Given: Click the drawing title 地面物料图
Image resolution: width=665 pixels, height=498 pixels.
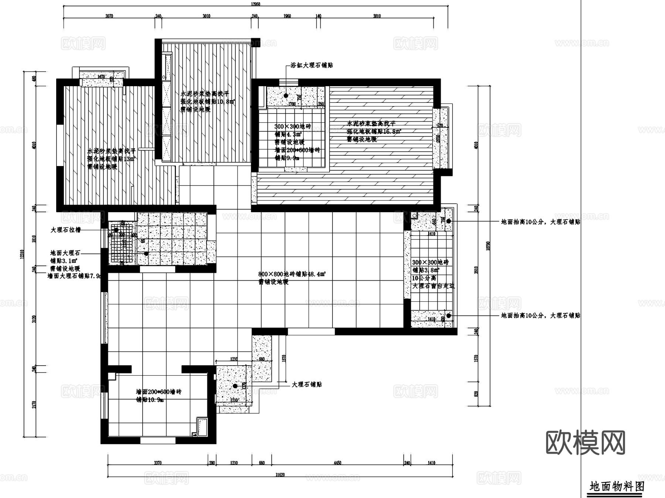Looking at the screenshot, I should pos(617,486).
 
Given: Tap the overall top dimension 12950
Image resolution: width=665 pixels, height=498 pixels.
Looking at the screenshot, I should pos(255,4).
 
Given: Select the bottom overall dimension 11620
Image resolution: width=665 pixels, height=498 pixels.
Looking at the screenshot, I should pos(280,475).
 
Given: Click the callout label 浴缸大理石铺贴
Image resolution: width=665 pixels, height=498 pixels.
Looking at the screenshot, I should pos(311,65).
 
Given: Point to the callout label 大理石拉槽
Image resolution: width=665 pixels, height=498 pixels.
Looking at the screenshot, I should pos(65,230).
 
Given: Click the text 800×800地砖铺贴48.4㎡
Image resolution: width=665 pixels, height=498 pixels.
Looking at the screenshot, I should pos(292,274).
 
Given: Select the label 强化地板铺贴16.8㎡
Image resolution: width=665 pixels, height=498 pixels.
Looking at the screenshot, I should pos(374,131).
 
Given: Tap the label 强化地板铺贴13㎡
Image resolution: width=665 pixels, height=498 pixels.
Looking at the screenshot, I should pos(111,159).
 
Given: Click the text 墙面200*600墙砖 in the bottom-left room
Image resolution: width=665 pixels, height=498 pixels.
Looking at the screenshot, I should pos(158,392).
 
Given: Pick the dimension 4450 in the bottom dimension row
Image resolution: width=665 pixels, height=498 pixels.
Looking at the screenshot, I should pos(337,463).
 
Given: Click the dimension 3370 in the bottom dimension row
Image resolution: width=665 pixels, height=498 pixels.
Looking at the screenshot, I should pos(157,463).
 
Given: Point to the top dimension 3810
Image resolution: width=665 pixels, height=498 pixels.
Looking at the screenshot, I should pos(376,16).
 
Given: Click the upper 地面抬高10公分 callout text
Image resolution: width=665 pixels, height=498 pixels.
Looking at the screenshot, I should pos(540,222).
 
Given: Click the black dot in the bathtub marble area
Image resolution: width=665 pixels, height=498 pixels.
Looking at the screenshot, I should pos(286,95).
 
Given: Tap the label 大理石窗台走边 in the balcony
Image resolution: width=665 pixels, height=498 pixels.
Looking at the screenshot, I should pos(433,286).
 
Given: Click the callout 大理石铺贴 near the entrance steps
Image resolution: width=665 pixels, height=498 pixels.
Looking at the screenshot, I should pos(307,384).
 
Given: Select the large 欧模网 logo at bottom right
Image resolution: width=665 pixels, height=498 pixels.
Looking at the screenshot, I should pos(585,443).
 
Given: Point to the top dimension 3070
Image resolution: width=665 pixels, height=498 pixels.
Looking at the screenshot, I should pos(109,16).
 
